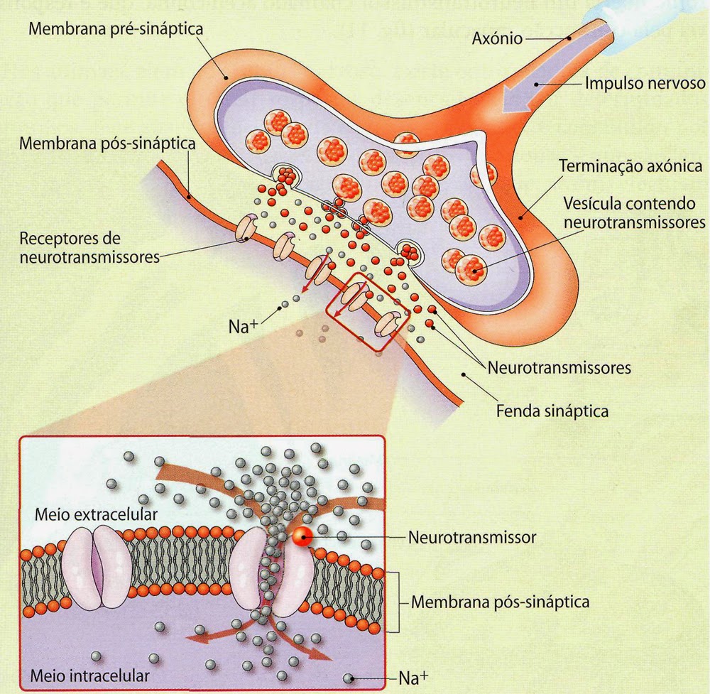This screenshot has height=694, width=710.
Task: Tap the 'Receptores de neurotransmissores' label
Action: point(89,246)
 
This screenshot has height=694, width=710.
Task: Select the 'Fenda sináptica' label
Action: point(552,411)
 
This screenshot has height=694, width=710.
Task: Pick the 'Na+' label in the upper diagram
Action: point(244,328)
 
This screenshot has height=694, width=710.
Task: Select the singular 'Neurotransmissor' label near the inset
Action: point(472,537)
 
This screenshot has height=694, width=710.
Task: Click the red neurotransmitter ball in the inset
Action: point(302,537)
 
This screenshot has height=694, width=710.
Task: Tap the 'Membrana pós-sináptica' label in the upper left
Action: point(107,143)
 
